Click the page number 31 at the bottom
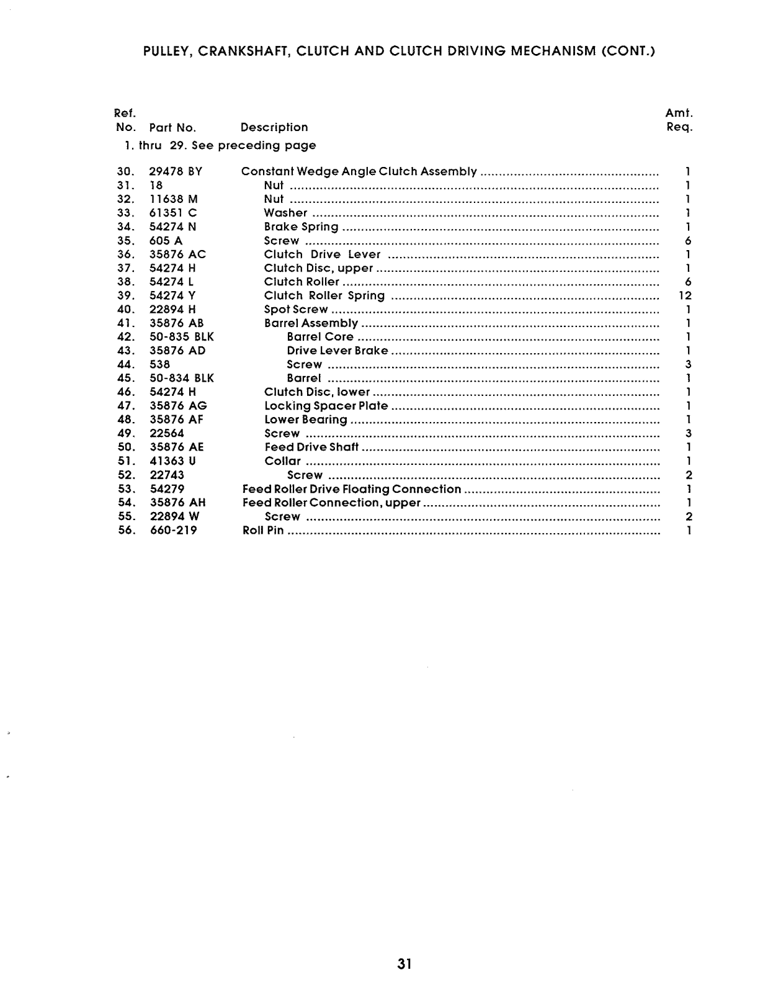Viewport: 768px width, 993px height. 405,964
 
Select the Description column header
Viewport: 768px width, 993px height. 274,127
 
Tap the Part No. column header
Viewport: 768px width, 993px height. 172,128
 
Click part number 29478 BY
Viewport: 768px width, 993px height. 176,171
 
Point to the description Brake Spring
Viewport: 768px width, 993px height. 301,227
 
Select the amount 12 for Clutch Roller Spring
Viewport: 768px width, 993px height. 685,295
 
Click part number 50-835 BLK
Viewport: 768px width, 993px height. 182,337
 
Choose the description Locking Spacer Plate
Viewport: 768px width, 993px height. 326,406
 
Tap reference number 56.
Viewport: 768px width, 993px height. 126,531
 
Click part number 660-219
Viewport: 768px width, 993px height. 174,531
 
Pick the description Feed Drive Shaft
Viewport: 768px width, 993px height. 311,447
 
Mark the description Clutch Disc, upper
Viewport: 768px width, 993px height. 318,268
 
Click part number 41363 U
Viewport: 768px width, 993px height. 173,461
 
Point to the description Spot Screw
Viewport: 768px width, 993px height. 296,310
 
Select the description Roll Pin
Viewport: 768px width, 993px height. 263,531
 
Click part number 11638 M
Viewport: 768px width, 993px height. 174,199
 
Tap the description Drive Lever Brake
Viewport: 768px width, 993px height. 337,351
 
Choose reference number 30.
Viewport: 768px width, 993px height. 126,171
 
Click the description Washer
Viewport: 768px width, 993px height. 285,213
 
